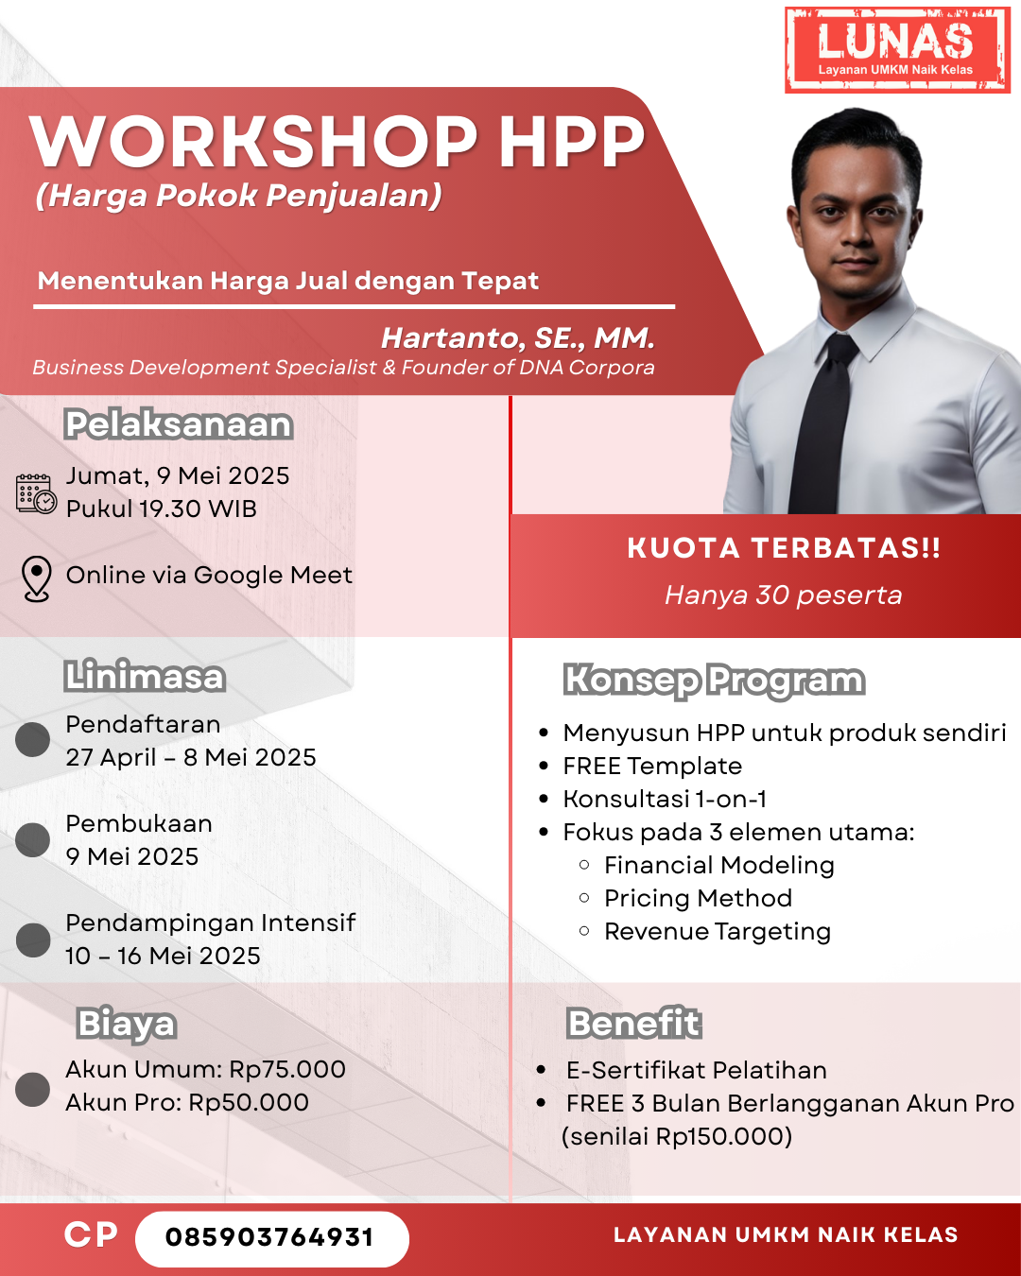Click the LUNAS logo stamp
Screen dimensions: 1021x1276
tap(897, 50)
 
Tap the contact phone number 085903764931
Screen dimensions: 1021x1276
tap(270, 1237)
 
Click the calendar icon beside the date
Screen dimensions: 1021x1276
tap(36, 493)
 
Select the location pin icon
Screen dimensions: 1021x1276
tap(36, 578)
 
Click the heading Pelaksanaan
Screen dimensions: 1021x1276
tap(179, 424)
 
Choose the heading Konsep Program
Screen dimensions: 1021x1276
tap(715, 681)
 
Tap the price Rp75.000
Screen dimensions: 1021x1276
tap(287, 1069)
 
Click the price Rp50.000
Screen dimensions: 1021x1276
tap(249, 1102)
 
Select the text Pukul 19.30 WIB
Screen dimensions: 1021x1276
tap(162, 509)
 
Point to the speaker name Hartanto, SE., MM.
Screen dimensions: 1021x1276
tap(518, 338)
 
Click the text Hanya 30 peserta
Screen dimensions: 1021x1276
tap(783, 595)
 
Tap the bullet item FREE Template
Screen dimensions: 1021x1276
tap(652, 767)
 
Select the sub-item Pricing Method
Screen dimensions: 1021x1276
tap(699, 898)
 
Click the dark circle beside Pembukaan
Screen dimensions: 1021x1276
tap(33, 839)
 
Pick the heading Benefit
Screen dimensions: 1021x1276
tap(634, 1023)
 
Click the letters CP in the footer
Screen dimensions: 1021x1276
tap(91, 1235)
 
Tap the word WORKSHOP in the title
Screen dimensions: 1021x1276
tap(254, 142)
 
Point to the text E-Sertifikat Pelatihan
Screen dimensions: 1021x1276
tap(697, 1070)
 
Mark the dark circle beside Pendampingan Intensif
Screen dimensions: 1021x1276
tap(33, 940)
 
